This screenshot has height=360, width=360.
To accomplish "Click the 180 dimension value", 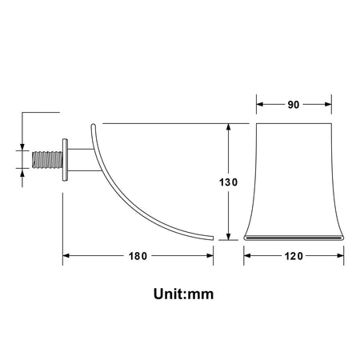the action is pyautogui.click(x=138, y=256).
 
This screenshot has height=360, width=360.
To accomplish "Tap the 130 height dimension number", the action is pyautogui.click(x=228, y=182).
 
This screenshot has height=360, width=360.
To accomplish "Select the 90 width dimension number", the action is pyautogui.click(x=294, y=105).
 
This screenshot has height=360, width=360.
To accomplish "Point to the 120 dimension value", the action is pyautogui.click(x=294, y=256).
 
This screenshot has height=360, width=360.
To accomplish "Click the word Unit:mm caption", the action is pyautogui.click(x=183, y=294).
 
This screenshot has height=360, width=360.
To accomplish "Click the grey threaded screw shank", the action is pyautogui.click(x=47, y=160).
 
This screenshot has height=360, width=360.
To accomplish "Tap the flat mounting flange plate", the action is pyautogui.click(x=65, y=160).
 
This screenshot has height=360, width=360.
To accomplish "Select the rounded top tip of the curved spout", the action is pyautogui.click(x=93, y=126).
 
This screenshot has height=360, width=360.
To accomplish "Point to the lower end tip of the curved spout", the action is pyautogui.click(x=213, y=238).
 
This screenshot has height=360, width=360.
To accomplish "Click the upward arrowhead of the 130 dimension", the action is pyautogui.click(x=228, y=126).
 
